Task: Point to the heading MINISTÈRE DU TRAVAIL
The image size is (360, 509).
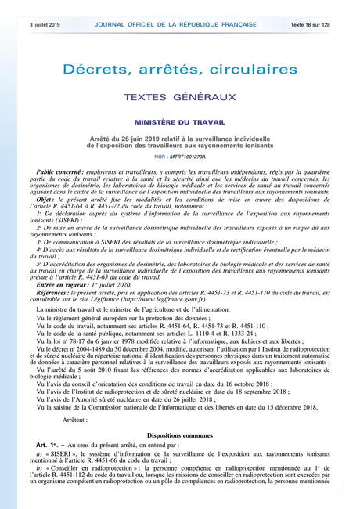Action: tap(180, 123)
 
